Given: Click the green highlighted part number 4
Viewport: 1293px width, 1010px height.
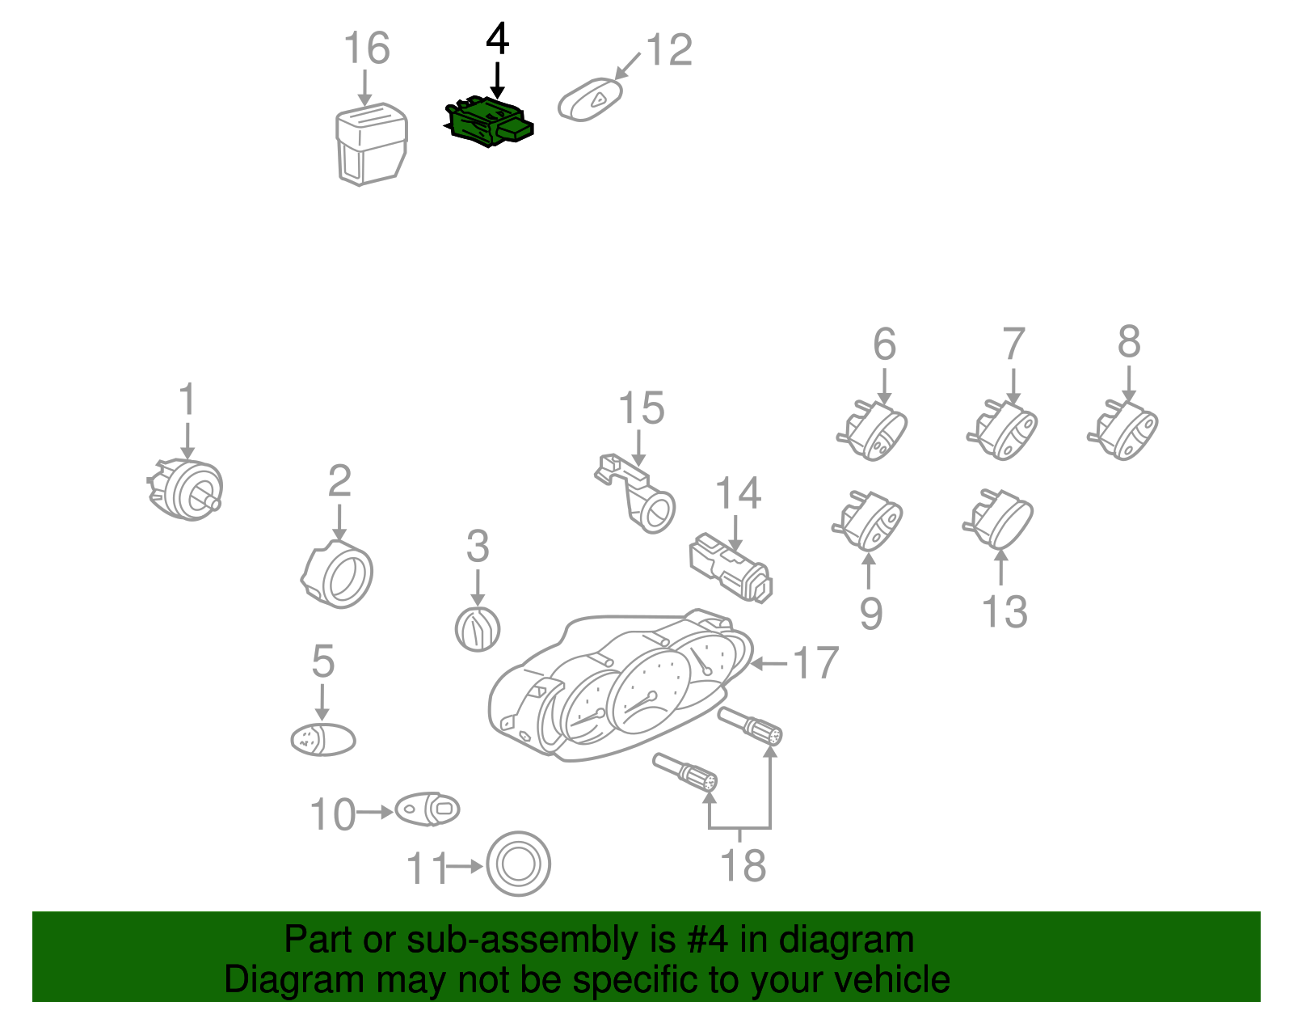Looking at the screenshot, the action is click(488, 121).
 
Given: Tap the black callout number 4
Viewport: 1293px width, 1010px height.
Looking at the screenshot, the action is click(498, 40).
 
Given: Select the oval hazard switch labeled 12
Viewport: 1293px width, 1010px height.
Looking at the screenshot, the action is click(590, 99).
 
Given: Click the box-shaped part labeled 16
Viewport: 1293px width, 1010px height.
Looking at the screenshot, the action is click(371, 145).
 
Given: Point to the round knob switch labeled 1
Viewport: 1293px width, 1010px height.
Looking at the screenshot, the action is click(185, 489).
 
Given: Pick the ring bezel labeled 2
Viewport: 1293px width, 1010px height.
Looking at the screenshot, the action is click(337, 574).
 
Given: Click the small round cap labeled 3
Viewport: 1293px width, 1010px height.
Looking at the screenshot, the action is click(478, 629).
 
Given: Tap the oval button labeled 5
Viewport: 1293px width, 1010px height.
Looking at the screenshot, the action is click(323, 740).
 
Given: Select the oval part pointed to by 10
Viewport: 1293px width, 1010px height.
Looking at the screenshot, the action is click(427, 809).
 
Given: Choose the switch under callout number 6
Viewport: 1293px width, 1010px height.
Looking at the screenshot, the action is click(872, 429).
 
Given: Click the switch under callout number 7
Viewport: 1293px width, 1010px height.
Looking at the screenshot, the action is click(1003, 429).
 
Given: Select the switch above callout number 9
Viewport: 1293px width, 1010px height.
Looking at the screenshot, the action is click(868, 520).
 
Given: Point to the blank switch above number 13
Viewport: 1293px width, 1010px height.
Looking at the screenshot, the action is click(999, 518).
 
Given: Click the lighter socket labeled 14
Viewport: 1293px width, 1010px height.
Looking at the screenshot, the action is click(731, 567).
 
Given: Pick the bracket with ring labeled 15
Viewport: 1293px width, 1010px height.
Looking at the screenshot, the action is click(635, 492).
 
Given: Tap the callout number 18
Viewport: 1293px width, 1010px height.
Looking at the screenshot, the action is click(743, 865).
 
